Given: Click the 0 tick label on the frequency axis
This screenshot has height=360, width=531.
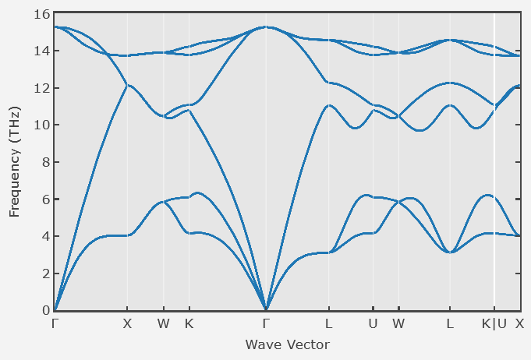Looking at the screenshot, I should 45,310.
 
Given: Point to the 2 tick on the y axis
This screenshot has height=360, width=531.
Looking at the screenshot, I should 45,274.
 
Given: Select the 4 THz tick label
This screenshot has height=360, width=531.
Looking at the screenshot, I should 45,236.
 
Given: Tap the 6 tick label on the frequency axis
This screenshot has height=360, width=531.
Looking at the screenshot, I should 45,199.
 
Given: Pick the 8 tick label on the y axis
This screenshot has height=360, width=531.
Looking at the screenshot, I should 45,162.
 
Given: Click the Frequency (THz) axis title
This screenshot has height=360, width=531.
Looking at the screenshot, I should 15,162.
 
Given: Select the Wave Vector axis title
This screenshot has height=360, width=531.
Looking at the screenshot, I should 287,344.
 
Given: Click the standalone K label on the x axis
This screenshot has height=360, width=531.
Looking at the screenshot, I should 189,323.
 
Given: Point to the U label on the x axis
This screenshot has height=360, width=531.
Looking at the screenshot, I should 373,323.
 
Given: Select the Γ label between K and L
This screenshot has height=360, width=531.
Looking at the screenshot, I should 266,323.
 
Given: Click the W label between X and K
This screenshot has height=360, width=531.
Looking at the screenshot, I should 163,323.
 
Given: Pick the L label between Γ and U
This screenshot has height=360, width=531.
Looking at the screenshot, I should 329,323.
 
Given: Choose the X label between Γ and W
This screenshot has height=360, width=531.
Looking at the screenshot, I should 127,323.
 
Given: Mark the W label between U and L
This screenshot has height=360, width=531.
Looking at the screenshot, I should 398,323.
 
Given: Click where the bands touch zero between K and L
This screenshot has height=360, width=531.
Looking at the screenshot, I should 266,309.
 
